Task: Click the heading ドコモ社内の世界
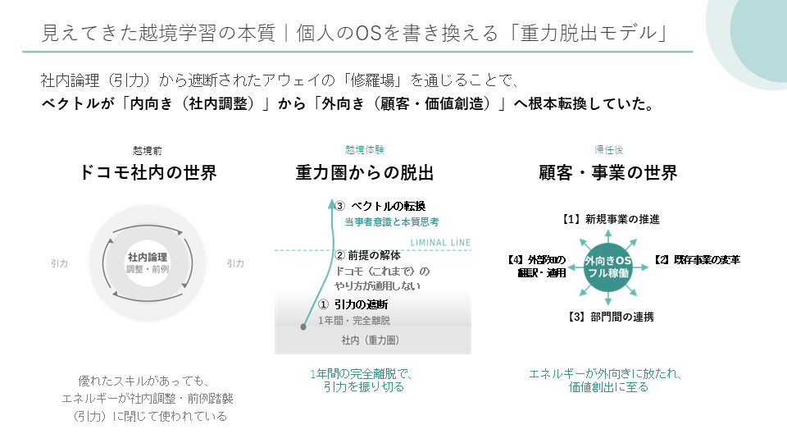pyautogui.click(x=148, y=173)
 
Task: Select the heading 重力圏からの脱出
pyautogui.click(x=364, y=173)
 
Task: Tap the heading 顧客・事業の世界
pyautogui.click(x=607, y=173)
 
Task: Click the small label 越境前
pyautogui.click(x=148, y=151)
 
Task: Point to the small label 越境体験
pyautogui.click(x=364, y=149)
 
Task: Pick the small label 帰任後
pyautogui.click(x=609, y=149)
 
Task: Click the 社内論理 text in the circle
pyautogui.click(x=147, y=257)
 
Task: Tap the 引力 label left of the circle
pyautogui.click(x=59, y=263)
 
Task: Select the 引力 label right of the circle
pyautogui.click(x=235, y=263)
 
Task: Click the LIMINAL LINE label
pyautogui.click(x=441, y=243)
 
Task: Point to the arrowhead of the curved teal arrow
pyautogui.click(x=331, y=203)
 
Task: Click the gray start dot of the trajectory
pyautogui.click(x=303, y=327)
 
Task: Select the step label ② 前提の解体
pyautogui.click(x=368, y=255)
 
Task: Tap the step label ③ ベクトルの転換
pyautogui.click(x=380, y=206)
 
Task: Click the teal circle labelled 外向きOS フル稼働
pyautogui.click(x=608, y=267)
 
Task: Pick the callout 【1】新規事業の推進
pyautogui.click(x=610, y=220)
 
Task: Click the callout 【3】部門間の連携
pyautogui.click(x=610, y=317)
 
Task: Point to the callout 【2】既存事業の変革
pyautogui.click(x=697, y=260)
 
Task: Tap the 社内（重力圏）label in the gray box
pyautogui.click(x=371, y=340)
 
